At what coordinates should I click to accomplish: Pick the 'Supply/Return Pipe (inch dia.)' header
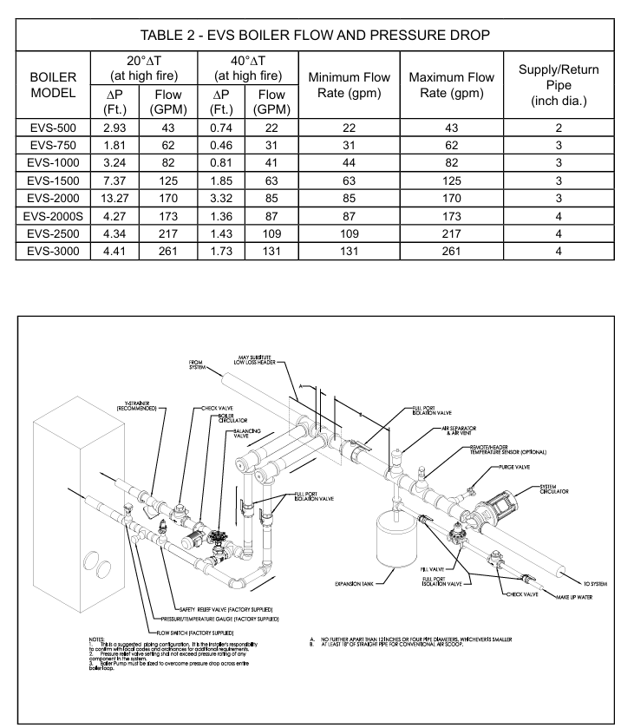tap(559, 85)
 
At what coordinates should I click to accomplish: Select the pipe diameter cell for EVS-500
tap(559, 127)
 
